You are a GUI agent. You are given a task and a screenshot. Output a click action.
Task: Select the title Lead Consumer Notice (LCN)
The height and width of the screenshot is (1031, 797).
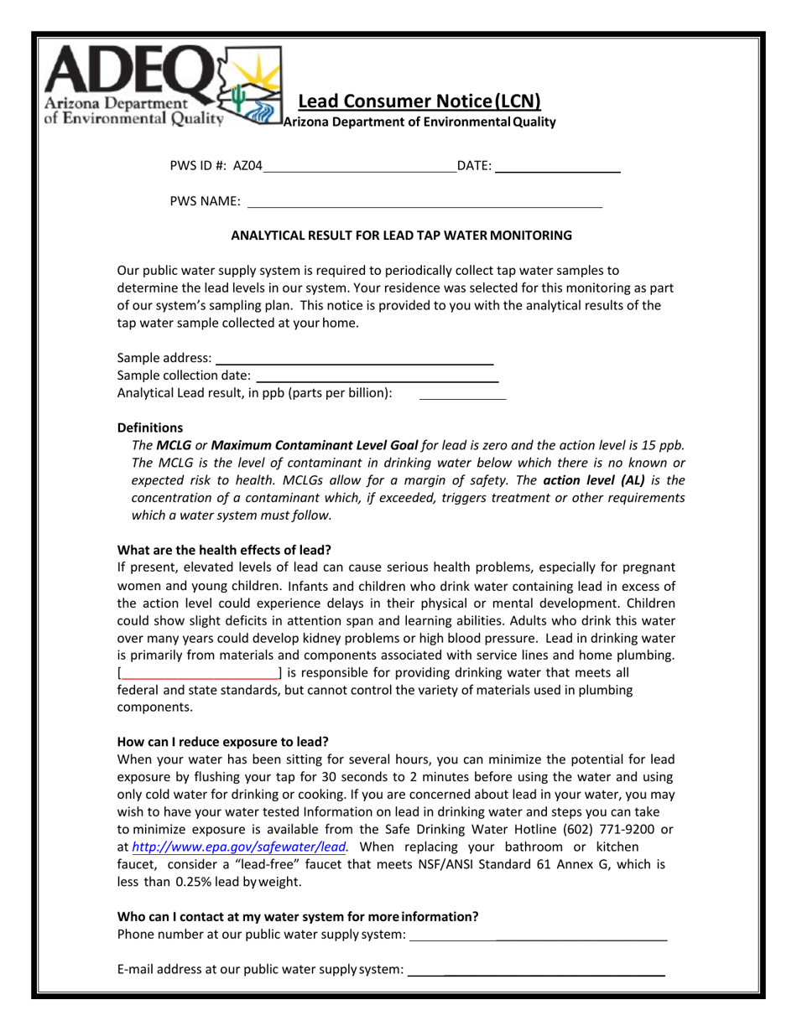419,102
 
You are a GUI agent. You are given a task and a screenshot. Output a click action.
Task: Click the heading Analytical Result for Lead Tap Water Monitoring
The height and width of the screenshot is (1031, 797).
401,236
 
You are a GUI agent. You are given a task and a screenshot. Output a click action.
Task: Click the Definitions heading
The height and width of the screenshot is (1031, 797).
150,427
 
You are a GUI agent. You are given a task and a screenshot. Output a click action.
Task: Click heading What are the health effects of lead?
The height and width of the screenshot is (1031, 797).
224,550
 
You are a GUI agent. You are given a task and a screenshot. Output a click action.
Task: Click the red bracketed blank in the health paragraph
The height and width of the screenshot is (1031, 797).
201,673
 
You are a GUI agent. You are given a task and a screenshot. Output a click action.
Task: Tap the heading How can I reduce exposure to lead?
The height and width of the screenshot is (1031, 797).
222,742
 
